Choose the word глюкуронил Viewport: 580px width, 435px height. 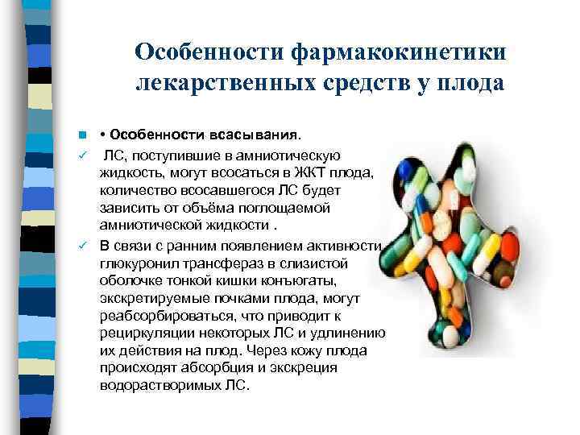pyautogui.click(x=138, y=263)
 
